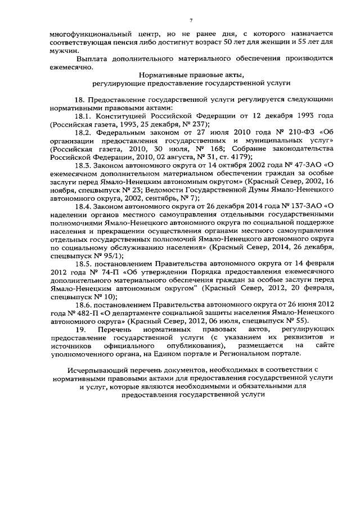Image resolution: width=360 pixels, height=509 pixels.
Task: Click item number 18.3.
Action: tap(85, 165)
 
